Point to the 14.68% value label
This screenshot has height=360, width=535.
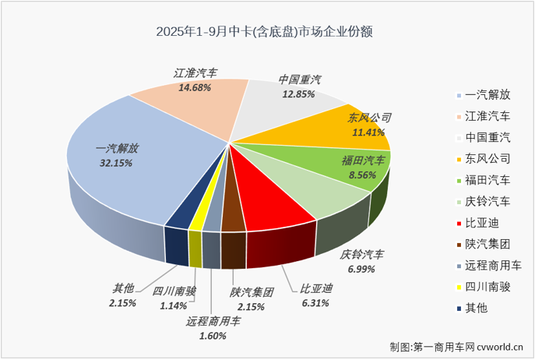click(x=195, y=88)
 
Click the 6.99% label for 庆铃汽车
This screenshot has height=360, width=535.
click(x=362, y=269)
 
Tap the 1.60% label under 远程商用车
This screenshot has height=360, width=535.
click(x=207, y=336)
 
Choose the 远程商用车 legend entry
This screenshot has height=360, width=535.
click(x=495, y=264)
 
